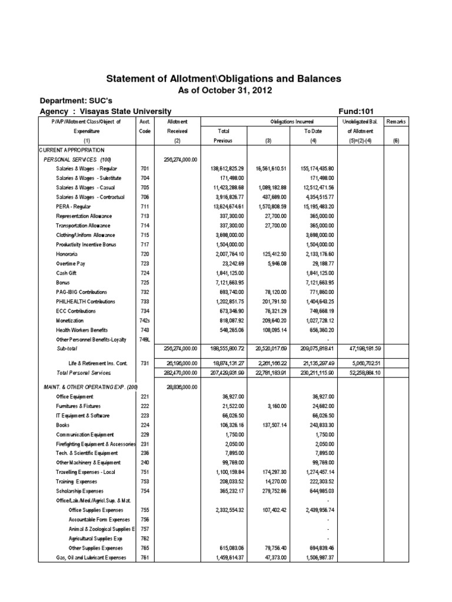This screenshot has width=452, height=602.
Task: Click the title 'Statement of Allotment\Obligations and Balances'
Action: (223, 79)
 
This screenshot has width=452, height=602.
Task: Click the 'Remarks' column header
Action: (395, 121)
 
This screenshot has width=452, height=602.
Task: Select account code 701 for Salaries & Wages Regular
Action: (144, 169)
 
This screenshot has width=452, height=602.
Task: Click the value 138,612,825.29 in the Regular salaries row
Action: (223, 169)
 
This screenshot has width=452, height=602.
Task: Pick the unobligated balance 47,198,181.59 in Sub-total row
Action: (355, 349)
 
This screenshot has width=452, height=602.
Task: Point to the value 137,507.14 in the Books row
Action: (270, 425)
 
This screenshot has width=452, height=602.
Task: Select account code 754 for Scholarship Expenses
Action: (144, 491)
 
